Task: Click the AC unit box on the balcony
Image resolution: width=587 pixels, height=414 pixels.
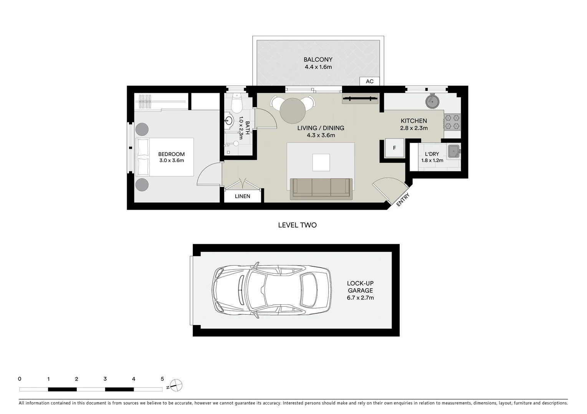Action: [x=369, y=81]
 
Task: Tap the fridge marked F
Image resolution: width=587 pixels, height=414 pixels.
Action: [x=394, y=148]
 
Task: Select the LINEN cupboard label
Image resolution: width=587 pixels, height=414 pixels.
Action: [x=242, y=196]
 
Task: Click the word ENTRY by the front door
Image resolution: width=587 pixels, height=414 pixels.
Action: [x=403, y=200]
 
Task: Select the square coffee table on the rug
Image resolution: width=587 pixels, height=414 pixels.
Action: [x=321, y=162]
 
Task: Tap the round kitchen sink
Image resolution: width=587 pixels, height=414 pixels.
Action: [x=433, y=101]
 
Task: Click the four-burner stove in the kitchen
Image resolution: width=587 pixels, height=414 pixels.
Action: [x=452, y=122]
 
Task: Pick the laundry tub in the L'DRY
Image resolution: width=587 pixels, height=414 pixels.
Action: [x=454, y=151]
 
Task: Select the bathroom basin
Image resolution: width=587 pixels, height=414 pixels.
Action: [x=229, y=121]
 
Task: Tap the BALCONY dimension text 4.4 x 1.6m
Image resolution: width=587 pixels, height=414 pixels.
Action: [x=318, y=67]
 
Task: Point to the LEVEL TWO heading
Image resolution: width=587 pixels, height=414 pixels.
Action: [x=297, y=225]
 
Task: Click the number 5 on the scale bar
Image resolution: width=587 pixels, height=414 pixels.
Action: [x=162, y=379]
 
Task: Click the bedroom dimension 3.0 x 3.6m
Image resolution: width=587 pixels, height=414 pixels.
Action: [x=172, y=161]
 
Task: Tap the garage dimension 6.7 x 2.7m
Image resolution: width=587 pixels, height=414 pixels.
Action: [x=360, y=298]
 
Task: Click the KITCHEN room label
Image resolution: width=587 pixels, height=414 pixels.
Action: [x=414, y=121]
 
